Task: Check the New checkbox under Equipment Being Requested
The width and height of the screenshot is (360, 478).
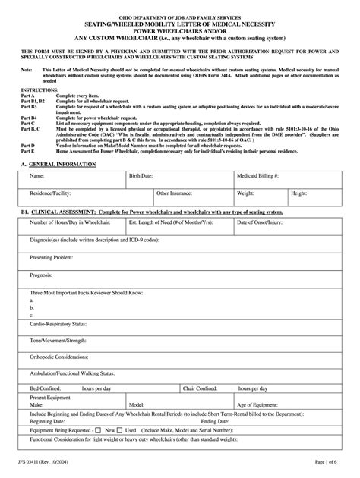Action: click(x=98, y=429)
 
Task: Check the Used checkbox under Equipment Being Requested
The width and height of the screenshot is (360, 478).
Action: click(x=121, y=429)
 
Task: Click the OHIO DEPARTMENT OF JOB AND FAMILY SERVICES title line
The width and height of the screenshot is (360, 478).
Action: click(x=180, y=15)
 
